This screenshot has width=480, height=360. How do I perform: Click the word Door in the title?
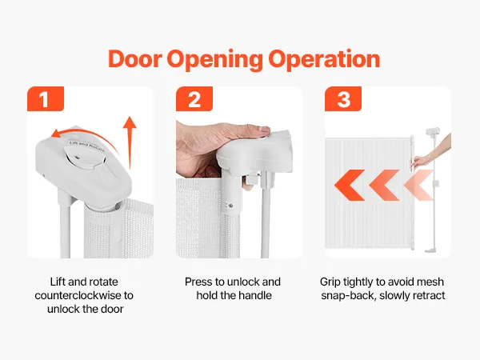click(x=134, y=58)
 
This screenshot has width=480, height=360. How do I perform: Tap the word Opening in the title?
click(x=214, y=61)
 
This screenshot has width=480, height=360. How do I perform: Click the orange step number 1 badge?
click(x=46, y=99)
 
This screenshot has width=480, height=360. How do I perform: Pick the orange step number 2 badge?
click(x=194, y=99)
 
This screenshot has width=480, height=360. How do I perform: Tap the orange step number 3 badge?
click(x=343, y=99)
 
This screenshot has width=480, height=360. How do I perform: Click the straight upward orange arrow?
click(x=130, y=142)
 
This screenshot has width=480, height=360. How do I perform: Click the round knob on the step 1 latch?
click(x=81, y=156)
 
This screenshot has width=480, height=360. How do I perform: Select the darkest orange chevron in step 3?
click(x=350, y=185)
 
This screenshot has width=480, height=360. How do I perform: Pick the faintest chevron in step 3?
click(x=418, y=185)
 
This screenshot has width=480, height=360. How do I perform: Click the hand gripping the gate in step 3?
click(x=420, y=162)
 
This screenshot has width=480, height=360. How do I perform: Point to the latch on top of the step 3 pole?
click(x=433, y=131)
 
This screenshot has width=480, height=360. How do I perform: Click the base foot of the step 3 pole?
click(x=432, y=251)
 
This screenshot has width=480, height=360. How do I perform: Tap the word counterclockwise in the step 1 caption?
click(x=79, y=295)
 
